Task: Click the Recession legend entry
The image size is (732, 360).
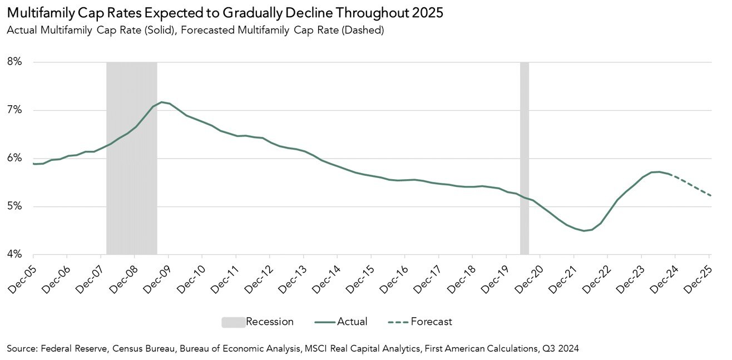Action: (x=269, y=322)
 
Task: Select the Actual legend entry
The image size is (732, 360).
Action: (x=352, y=322)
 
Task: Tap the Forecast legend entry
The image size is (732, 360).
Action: (x=431, y=322)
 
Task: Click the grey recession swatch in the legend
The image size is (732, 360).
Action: (x=233, y=322)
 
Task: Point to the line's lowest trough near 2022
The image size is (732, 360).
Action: (x=583, y=230)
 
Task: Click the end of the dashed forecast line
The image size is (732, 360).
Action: (x=710, y=195)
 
